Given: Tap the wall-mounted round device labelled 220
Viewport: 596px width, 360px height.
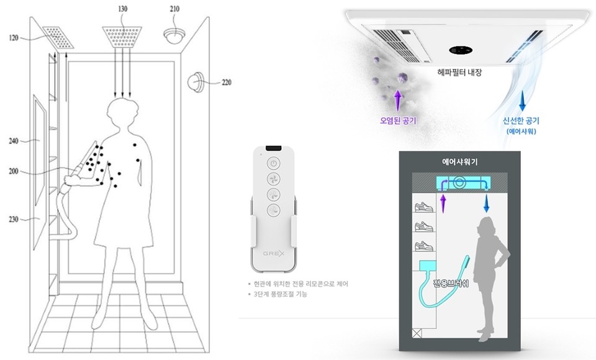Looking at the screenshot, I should pos(197,81).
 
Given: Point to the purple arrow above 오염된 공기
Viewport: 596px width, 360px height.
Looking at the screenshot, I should pos(399,98).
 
